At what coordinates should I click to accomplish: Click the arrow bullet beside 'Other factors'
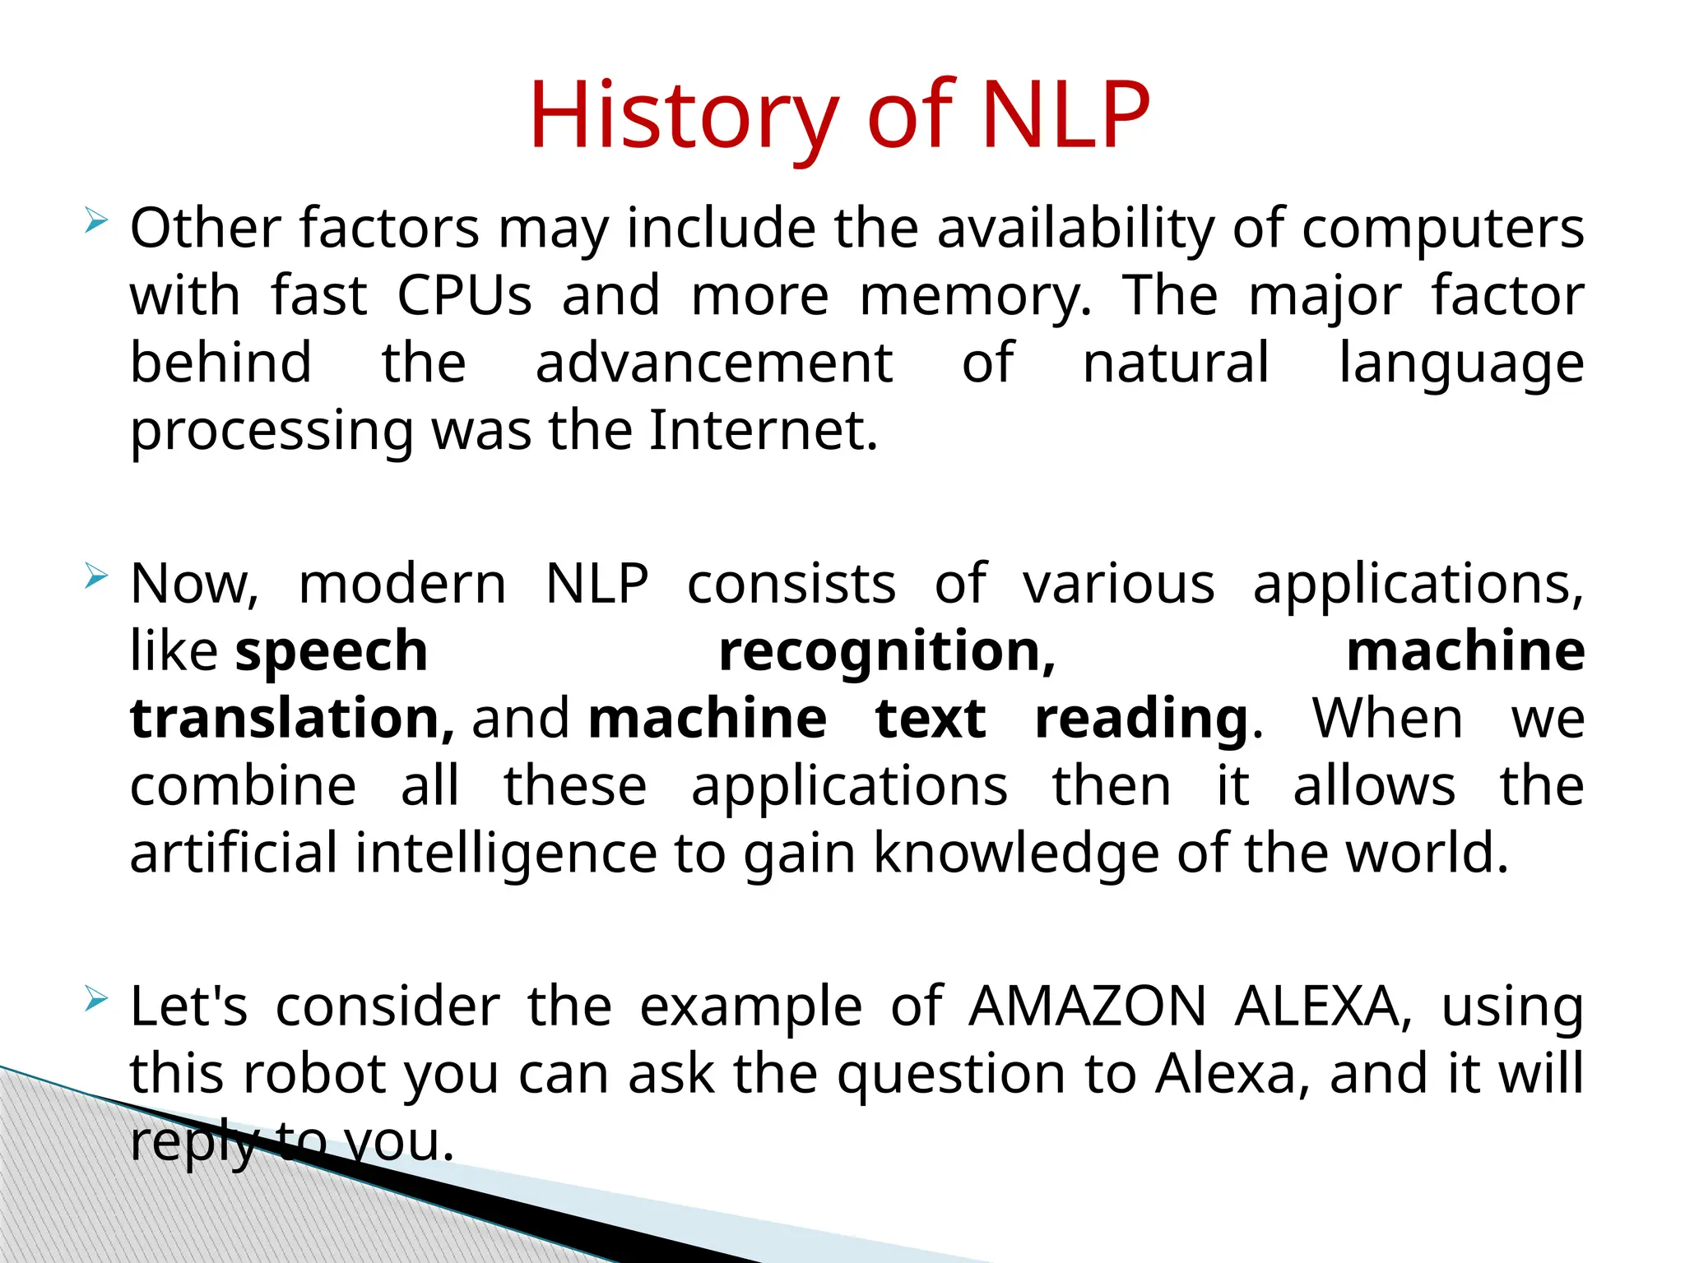[x=96, y=220]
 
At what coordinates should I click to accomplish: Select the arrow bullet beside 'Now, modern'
[x=96, y=577]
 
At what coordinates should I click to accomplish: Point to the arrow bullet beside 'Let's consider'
[x=96, y=1000]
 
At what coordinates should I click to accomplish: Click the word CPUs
[x=465, y=296]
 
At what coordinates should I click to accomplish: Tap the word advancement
[x=714, y=363]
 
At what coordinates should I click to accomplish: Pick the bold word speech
[x=332, y=652]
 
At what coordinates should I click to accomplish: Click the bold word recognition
[x=886, y=652]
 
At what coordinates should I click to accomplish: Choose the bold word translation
[x=291, y=719]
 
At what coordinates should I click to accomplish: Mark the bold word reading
[x=1142, y=719]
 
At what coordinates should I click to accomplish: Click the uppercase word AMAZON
[x=1087, y=1006]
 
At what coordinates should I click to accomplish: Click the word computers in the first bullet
[x=1442, y=229]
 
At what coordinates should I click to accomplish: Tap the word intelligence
[x=506, y=854]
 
